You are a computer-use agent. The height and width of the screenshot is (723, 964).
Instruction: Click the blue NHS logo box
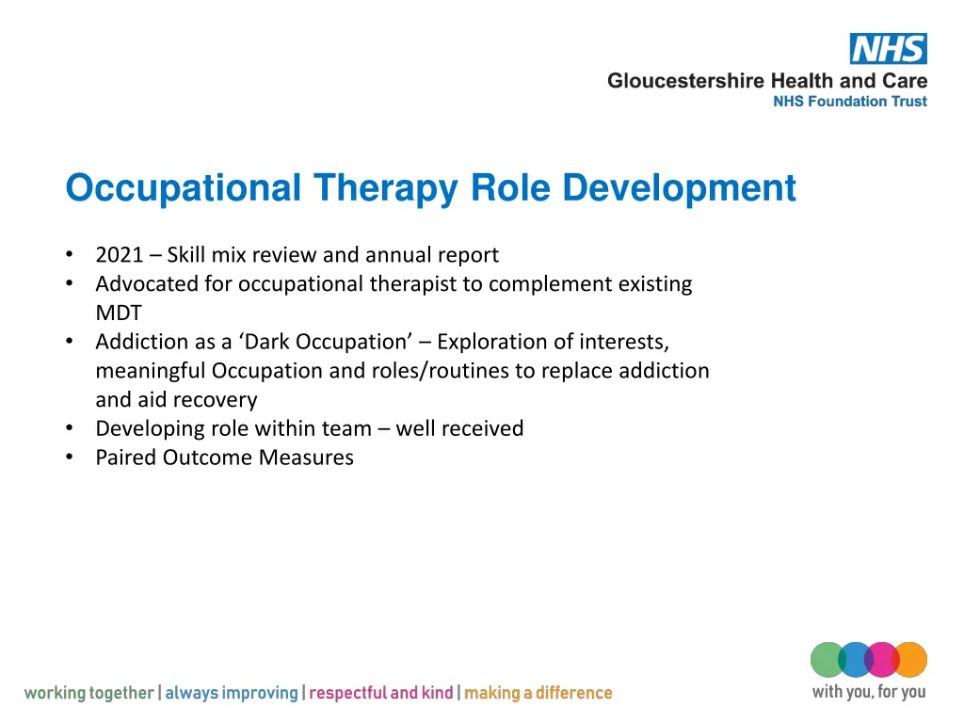coord(888,49)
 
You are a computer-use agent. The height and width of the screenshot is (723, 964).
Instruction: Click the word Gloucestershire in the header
coord(685,81)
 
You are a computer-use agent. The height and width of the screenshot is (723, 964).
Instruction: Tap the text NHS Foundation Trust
coord(849,102)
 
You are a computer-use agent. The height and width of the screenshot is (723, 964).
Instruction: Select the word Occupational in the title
coord(183,187)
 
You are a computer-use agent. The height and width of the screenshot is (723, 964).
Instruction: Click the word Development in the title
coord(679,187)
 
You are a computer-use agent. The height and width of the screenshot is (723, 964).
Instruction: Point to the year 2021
coord(119,255)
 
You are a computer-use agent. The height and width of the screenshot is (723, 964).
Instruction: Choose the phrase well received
coord(459,429)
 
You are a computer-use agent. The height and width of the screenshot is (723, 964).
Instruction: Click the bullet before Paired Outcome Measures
coord(71,458)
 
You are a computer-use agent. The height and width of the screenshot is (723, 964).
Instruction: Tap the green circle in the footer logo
coord(827,660)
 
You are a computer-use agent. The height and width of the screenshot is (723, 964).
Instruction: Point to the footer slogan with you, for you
coord(868,692)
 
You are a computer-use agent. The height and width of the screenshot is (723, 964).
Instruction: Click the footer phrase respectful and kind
coord(380,694)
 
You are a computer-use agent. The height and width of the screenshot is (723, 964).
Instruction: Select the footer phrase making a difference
coord(538,694)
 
